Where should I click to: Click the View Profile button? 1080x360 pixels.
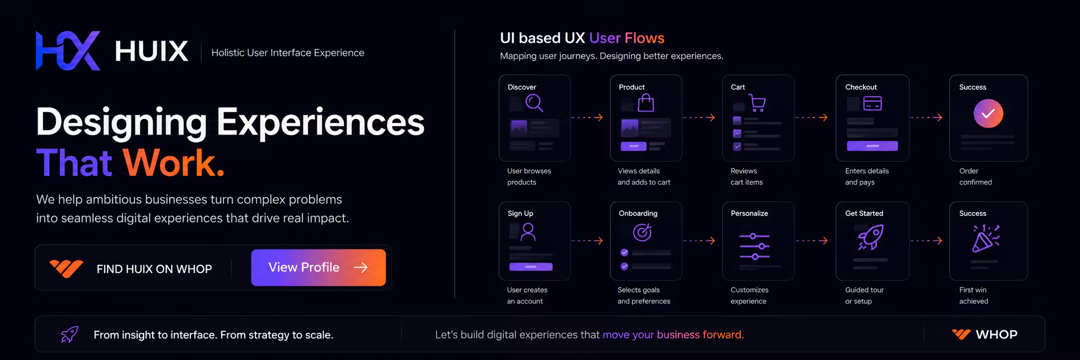pos(318,268)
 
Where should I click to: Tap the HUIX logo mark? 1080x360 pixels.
pos(68,51)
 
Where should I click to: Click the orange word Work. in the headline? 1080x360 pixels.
pos(174,163)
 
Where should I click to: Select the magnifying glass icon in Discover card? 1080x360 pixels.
pos(534,103)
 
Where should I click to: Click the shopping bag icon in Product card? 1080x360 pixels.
pos(646,103)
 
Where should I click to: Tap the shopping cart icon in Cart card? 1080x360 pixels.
pos(757,103)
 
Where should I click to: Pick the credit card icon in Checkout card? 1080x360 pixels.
pos(873,103)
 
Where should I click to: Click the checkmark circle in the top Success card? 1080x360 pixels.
pos(988,113)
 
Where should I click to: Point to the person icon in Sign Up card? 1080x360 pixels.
pos(528,232)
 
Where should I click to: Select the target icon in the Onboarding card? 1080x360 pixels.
pos(642,232)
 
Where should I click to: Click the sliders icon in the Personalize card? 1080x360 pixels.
pos(754,246)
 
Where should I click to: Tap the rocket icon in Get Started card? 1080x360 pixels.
pos(871,237)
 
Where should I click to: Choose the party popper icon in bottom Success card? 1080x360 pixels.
pos(986,238)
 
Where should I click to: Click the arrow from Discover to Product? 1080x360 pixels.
pos(587,117)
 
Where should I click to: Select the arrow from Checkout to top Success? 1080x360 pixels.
pos(926,117)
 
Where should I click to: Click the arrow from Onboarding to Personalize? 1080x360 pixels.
pos(699,241)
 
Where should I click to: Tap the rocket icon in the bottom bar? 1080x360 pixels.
pos(70,335)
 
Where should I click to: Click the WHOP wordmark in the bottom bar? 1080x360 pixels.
pos(996,335)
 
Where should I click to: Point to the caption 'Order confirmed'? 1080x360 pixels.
pos(976,177)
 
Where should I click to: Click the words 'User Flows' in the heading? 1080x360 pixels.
pos(627,38)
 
